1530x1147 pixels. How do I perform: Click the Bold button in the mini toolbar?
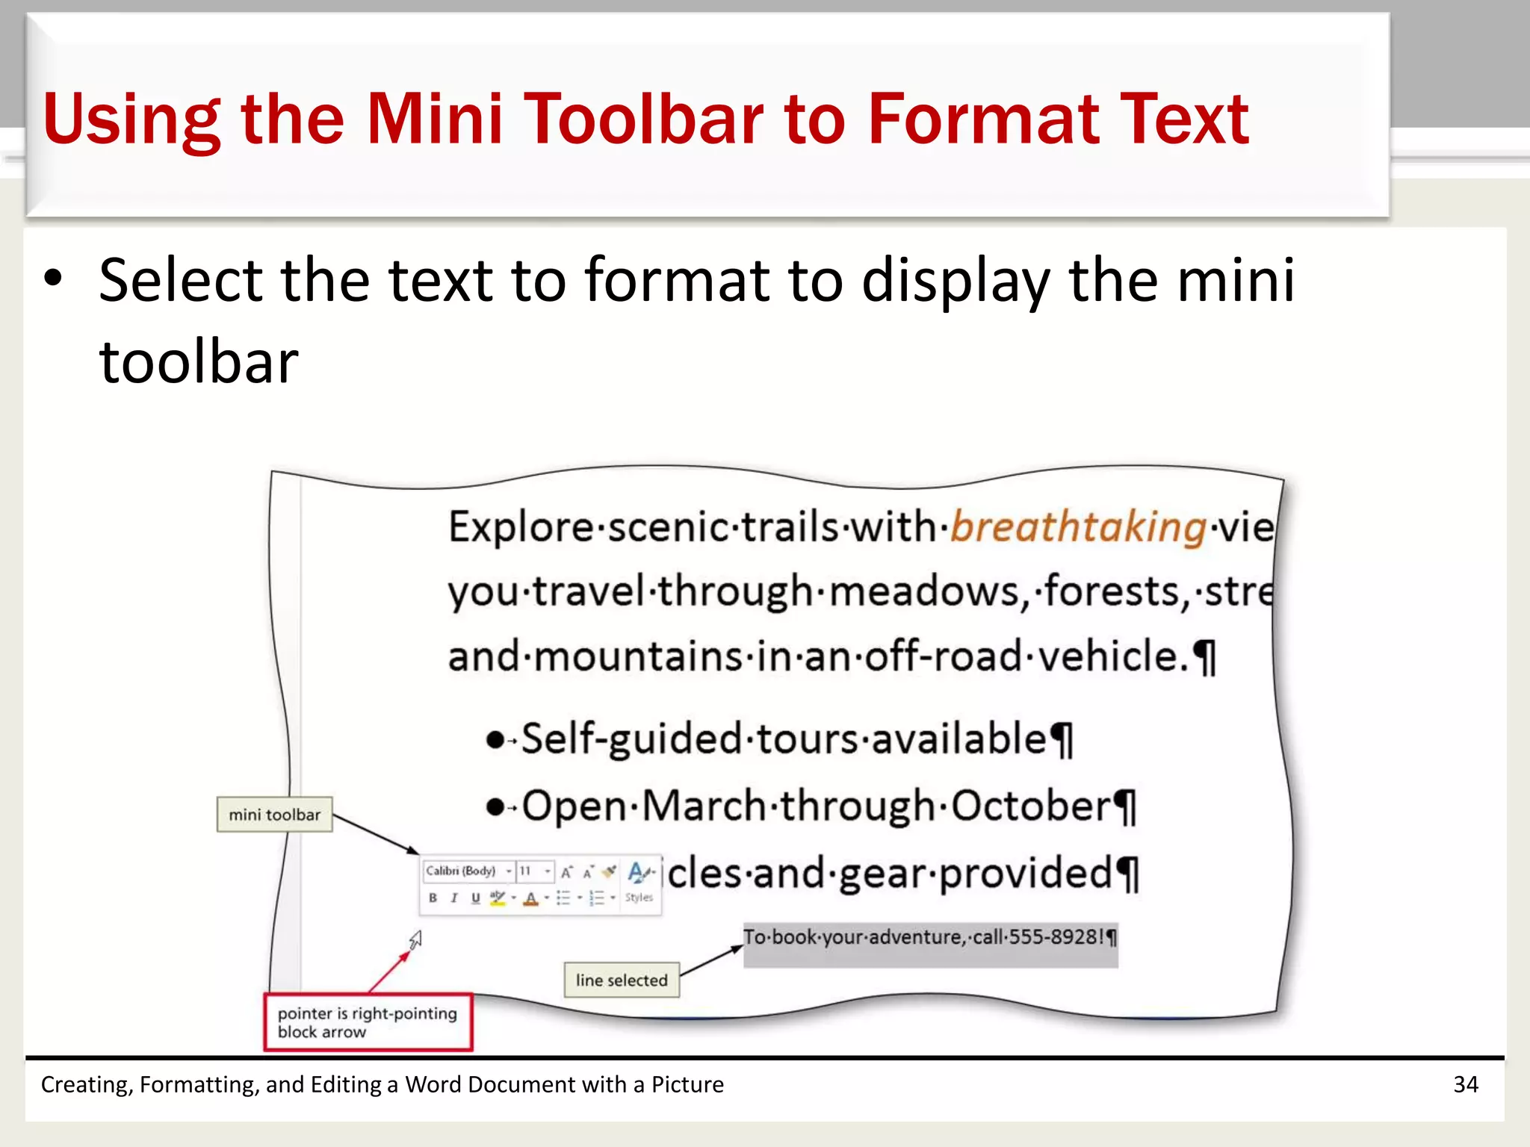click(x=433, y=898)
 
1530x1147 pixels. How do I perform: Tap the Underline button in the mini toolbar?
click(x=475, y=898)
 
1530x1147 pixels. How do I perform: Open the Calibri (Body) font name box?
click(x=461, y=871)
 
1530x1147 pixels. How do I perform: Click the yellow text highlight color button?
click(x=497, y=898)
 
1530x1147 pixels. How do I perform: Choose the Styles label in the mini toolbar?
click(x=639, y=898)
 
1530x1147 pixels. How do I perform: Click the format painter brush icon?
click(x=610, y=871)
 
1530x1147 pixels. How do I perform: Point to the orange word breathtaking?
click(x=1078, y=527)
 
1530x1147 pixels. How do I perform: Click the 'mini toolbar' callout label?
click(x=274, y=815)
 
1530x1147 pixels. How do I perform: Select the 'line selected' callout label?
click(x=622, y=980)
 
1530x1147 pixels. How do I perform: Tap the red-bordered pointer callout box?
click(x=368, y=1022)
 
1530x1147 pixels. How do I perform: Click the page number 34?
click(x=1465, y=1084)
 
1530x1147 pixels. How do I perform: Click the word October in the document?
click(x=1031, y=806)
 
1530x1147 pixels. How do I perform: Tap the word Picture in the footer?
click(x=687, y=1084)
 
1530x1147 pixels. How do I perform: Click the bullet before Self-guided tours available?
click(x=495, y=740)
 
